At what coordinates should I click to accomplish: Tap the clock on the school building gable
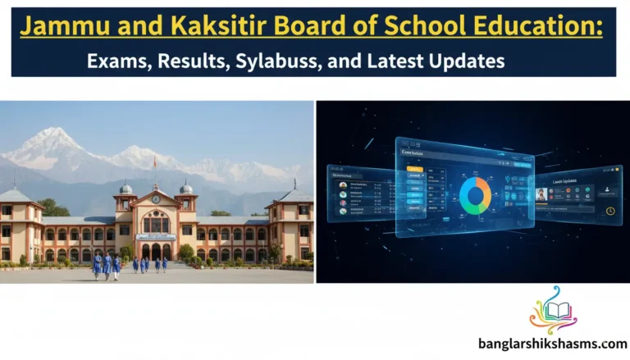click(155, 198)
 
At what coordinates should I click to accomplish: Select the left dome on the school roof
click(126, 188)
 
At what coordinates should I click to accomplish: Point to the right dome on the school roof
click(186, 188)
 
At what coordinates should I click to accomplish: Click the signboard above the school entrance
click(156, 237)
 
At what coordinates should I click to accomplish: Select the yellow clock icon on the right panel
click(610, 211)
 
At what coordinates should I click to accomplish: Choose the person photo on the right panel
click(541, 194)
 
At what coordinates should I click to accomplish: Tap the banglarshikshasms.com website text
click(552, 346)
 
